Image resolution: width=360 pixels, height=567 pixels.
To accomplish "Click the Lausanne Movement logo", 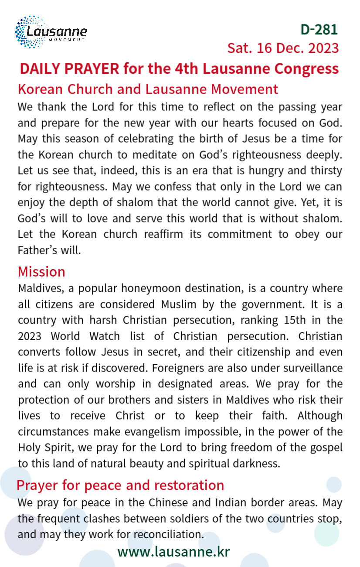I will click(51, 32).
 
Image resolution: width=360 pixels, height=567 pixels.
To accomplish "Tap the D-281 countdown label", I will click(319, 29).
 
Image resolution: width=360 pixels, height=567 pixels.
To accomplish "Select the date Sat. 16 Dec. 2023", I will click(283, 48).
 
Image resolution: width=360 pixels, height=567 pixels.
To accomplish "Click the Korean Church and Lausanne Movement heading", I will click(148, 89).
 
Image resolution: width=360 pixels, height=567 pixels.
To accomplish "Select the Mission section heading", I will click(41, 272).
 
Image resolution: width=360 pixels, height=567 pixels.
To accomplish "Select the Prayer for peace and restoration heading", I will click(120, 485).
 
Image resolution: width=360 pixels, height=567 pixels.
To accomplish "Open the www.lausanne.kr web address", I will click(173, 552).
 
